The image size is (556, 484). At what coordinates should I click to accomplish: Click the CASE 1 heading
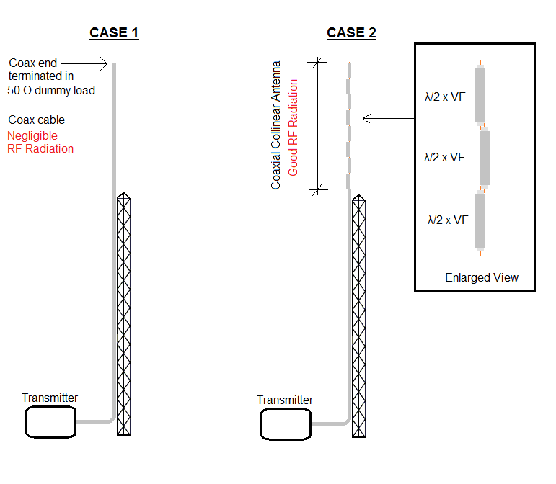click(114, 33)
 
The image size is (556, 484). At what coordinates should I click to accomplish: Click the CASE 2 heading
click(351, 33)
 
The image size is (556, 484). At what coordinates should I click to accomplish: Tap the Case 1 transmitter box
click(51, 422)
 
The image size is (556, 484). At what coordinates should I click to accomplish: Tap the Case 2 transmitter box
click(286, 424)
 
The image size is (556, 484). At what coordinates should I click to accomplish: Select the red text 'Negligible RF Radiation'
click(40, 142)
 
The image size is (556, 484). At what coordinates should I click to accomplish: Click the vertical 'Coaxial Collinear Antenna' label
click(276, 125)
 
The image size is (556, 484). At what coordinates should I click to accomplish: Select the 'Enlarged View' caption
click(481, 277)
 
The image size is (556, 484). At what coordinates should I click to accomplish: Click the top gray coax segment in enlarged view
click(480, 95)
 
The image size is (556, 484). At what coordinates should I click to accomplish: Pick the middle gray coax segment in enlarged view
click(485, 158)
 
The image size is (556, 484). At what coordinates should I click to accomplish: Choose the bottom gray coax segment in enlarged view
click(480, 220)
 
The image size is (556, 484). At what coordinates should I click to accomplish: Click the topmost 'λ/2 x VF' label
click(445, 95)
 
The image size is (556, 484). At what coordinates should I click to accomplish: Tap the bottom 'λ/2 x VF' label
click(448, 220)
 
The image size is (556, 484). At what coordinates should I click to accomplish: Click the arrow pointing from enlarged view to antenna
click(388, 118)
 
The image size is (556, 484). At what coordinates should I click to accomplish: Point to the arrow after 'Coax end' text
click(97, 63)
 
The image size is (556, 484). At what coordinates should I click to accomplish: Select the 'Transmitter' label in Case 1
click(50, 398)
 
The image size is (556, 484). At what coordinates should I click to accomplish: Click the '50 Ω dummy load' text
click(51, 90)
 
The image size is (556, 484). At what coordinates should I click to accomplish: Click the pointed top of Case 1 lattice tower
click(124, 195)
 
